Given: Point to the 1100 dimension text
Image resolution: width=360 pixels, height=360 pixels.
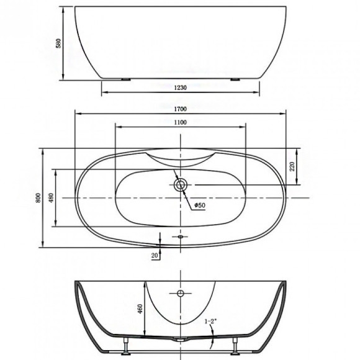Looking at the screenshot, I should tap(181, 122).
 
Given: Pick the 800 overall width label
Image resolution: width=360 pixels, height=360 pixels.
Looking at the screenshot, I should tap(38, 197).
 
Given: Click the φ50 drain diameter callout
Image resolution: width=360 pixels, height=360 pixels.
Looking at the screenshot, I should tap(200, 205).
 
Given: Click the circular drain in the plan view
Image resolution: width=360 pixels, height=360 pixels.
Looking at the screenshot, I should tap(181, 184).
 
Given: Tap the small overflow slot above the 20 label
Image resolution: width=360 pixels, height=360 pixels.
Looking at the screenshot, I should tap(181, 236).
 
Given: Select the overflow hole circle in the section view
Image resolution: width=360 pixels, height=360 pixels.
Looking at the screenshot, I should tap(181, 293).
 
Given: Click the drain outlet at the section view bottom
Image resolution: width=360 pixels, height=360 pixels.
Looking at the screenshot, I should tap(181, 340).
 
